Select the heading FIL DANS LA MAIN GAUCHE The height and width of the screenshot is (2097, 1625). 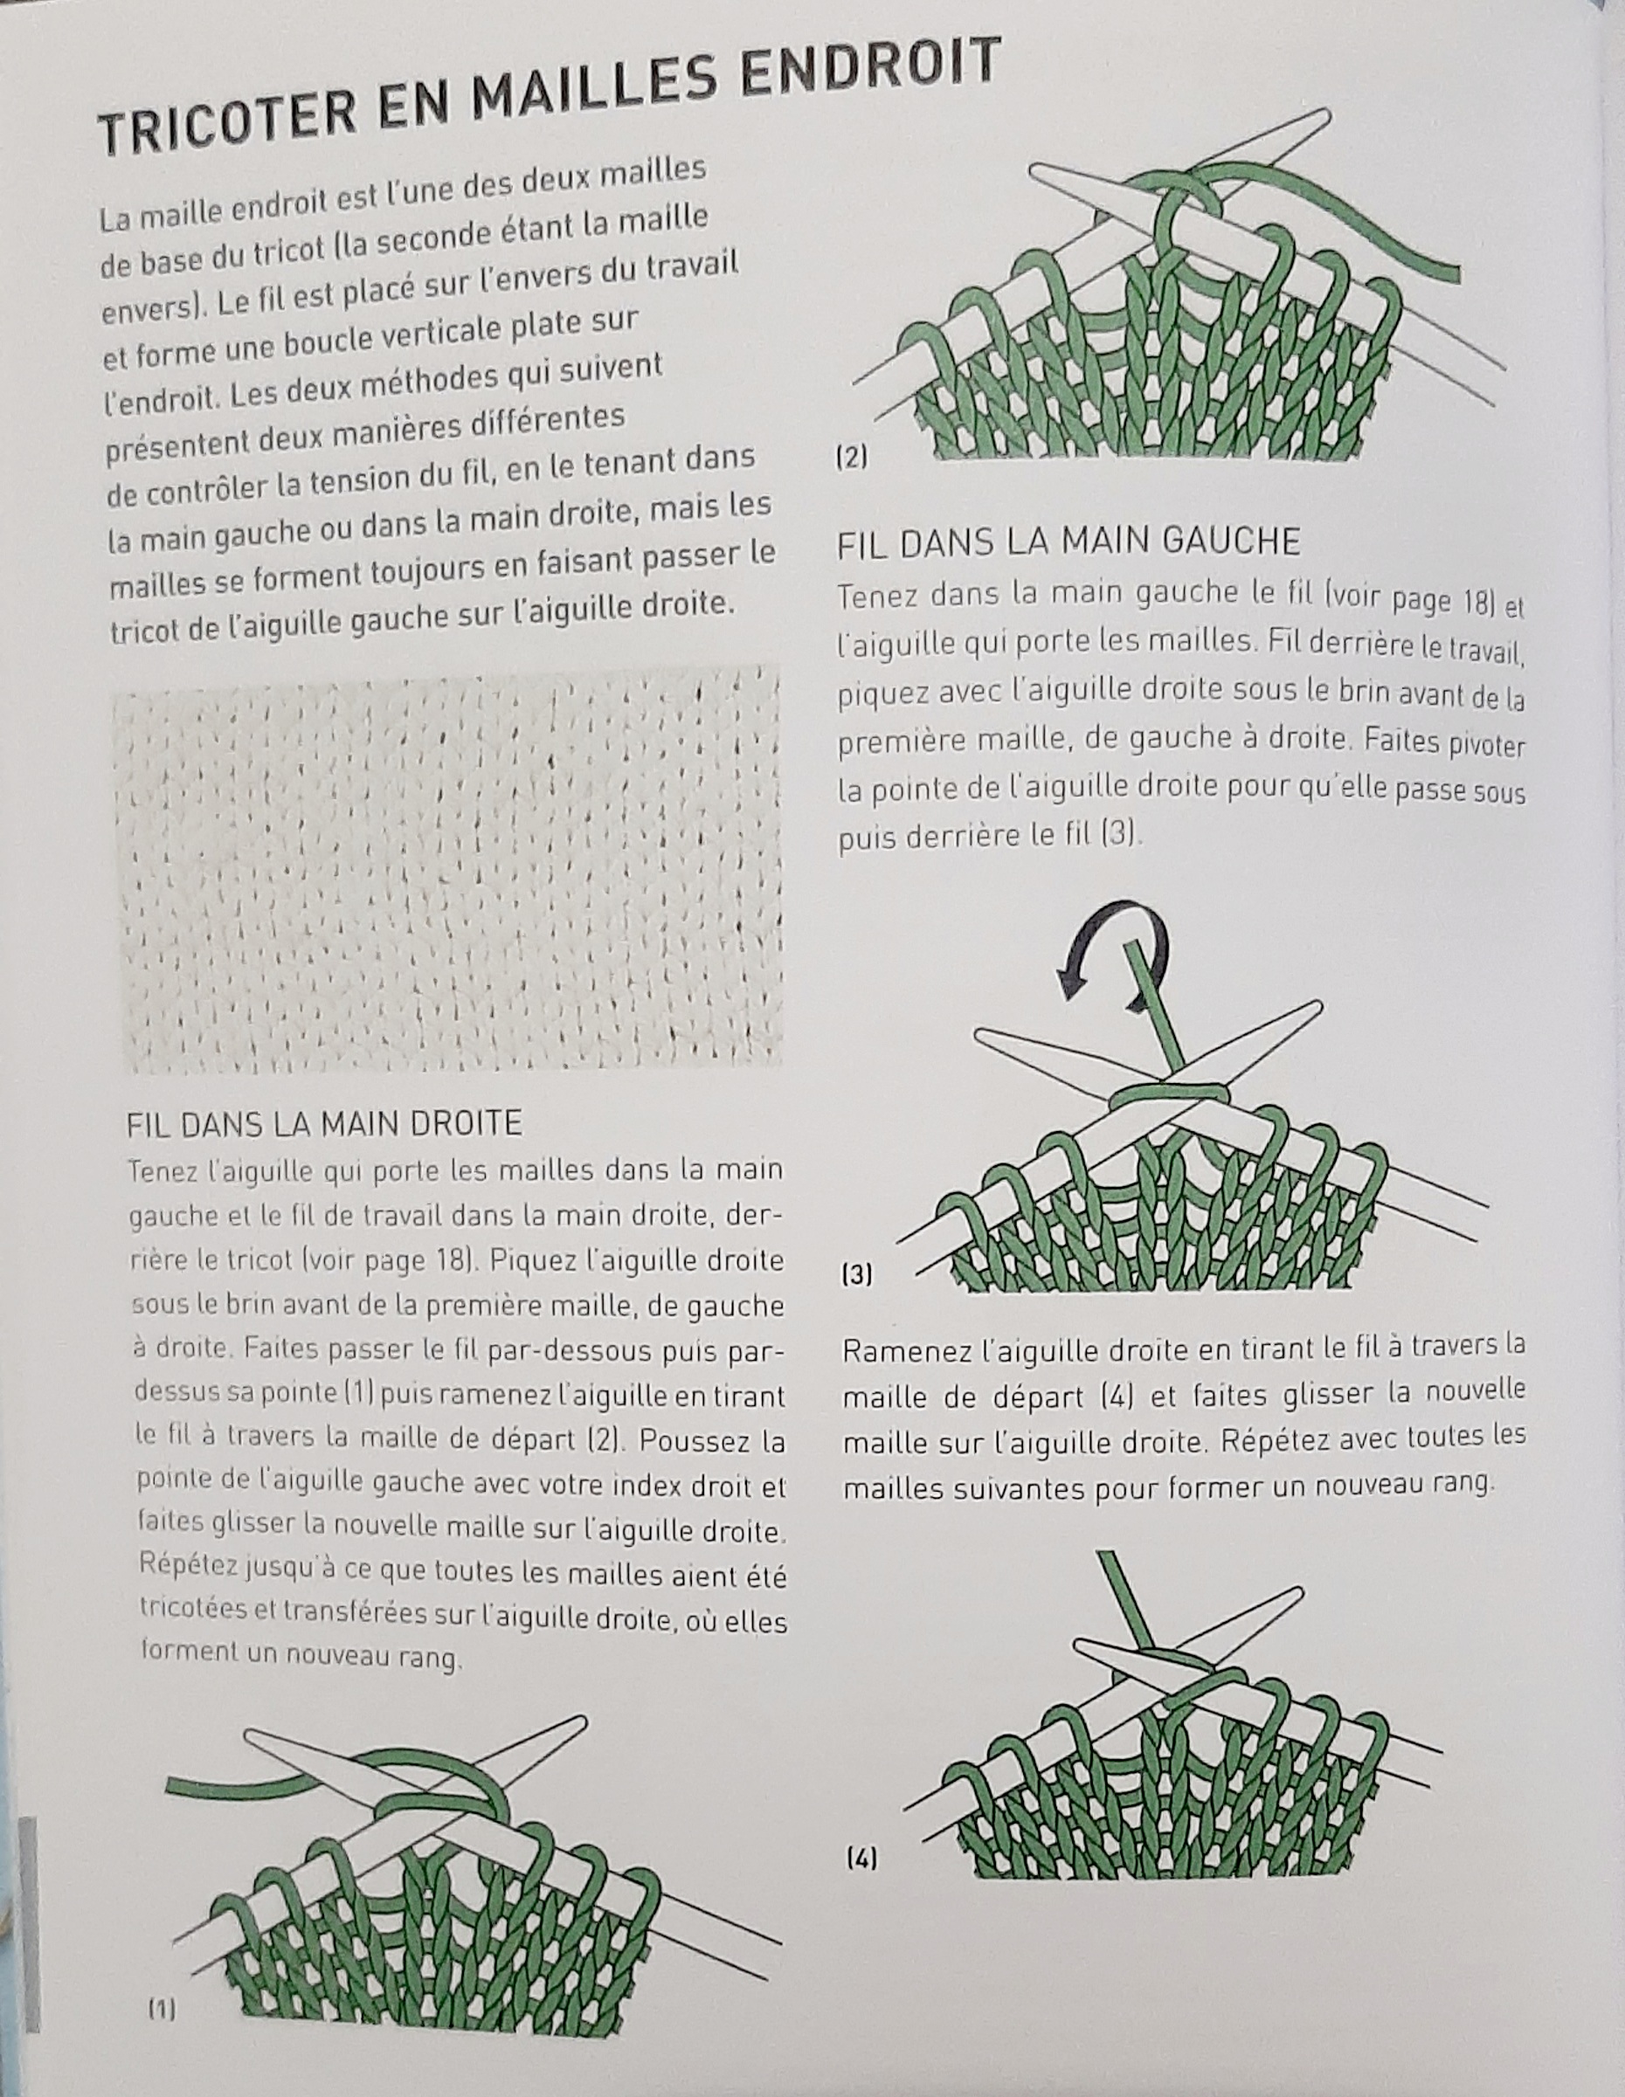click(x=1068, y=542)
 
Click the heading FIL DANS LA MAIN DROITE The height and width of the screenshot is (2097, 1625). click(x=323, y=1123)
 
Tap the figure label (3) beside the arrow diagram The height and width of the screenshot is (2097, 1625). click(x=857, y=1275)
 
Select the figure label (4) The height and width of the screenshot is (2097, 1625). click(x=861, y=1859)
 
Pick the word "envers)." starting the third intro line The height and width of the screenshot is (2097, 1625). click(x=153, y=308)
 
